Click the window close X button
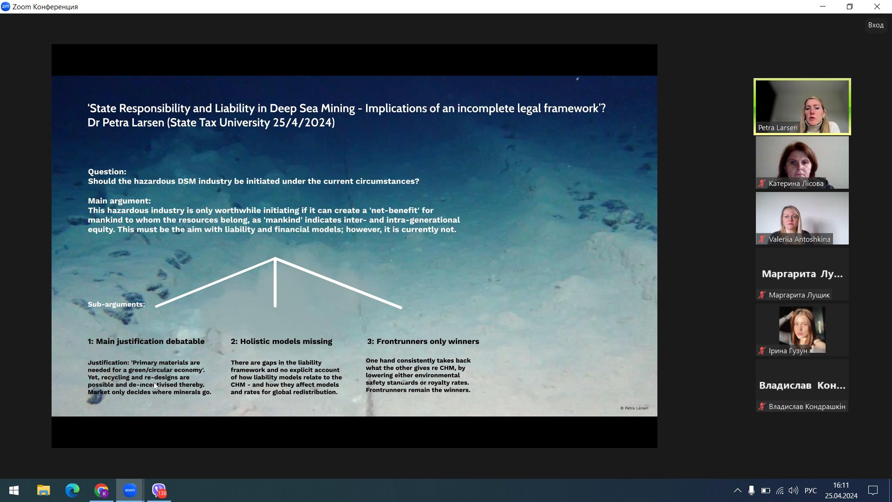877,7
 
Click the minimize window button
823,7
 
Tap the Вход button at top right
876,25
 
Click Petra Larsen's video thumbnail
802,106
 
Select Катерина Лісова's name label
796,184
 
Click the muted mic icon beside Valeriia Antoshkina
762,239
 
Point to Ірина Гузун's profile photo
802,329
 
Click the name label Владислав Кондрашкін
807,407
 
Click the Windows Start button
14,490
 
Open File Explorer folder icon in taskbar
44,490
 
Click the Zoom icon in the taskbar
130,490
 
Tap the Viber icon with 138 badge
159,490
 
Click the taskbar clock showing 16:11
841,490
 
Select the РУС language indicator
811,490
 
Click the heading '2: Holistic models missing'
282,342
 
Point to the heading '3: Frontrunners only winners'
423,342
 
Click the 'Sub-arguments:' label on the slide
116,304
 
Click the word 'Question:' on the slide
107,172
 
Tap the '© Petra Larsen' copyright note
634,408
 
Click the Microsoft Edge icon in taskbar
72,490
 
